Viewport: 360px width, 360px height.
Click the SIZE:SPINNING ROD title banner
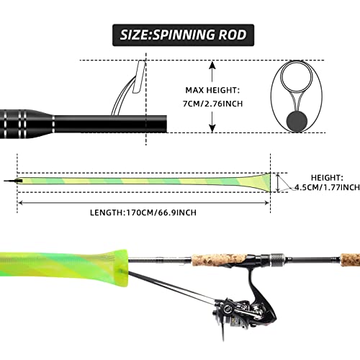179,33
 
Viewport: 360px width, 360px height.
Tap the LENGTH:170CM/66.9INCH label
144,212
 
